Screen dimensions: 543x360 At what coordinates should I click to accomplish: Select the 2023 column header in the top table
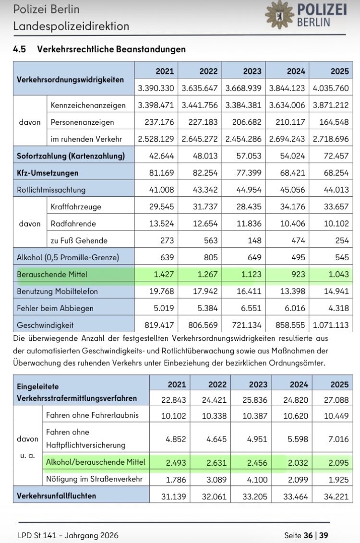252,71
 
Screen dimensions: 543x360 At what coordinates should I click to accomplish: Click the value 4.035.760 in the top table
331,88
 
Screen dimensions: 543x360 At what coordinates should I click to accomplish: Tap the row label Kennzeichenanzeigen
88,105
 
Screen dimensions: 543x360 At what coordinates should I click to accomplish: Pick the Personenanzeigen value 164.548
335,122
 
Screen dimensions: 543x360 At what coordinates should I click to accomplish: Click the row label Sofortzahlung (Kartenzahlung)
71,156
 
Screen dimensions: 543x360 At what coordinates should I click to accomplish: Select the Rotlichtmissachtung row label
51,190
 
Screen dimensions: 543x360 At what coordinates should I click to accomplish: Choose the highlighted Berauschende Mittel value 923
296,275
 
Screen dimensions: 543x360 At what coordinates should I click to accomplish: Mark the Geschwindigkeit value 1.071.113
331,325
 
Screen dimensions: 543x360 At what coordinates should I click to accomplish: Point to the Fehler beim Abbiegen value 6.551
252,308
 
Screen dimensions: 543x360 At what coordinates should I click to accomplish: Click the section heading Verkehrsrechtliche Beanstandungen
111,49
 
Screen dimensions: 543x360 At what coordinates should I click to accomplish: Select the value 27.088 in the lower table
336,398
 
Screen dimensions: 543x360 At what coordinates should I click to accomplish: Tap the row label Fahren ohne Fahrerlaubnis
92,415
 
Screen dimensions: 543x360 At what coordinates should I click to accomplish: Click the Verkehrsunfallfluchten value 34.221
336,496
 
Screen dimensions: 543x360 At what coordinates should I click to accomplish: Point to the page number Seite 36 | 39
306,535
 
